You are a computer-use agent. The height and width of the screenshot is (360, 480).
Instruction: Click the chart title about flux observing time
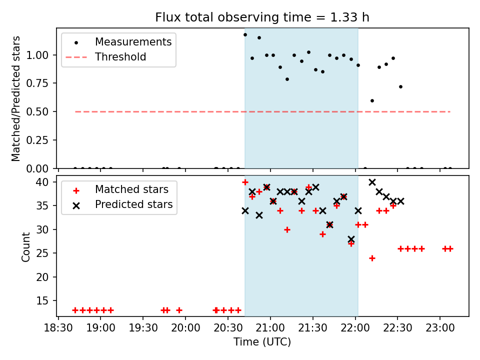point(262,17)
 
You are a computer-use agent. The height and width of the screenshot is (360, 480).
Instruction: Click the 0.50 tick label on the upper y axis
point(37,111)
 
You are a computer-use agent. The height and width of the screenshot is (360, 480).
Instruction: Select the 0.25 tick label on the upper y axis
point(37,140)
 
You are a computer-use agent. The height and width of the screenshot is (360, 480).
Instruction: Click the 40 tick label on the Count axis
point(42,182)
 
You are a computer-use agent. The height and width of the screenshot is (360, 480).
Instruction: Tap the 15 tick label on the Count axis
point(42,301)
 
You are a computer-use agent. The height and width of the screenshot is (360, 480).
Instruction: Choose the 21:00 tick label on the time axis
point(270,328)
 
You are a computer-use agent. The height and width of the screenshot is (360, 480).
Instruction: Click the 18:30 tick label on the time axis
point(58,328)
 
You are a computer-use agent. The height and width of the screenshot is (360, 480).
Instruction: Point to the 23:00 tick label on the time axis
point(440,328)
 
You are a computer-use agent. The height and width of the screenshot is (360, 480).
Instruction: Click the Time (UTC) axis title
point(262,342)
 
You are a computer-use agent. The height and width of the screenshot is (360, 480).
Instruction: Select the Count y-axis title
point(25,247)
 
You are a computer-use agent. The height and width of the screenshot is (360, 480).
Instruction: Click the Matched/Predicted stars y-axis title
point(15,98)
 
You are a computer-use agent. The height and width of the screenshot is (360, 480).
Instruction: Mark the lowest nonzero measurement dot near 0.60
point(372,100)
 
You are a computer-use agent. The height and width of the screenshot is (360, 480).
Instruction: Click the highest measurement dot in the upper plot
point(245,35)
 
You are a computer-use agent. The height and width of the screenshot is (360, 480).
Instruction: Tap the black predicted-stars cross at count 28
point(351,239)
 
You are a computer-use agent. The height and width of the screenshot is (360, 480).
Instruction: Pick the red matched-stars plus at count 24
point(372,258)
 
